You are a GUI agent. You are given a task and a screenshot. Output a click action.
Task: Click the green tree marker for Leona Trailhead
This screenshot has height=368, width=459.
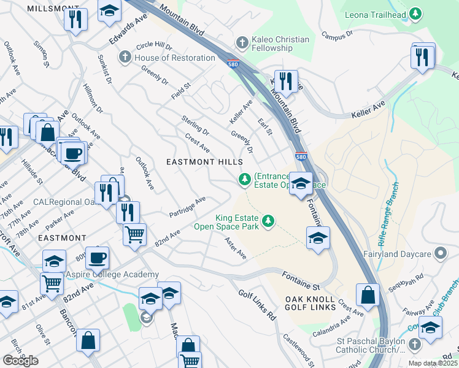coord(415,13)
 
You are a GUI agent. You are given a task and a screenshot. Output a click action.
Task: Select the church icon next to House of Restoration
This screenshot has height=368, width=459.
coord(125,58)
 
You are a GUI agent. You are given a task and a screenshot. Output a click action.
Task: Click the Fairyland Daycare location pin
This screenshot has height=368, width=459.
coord(439,253)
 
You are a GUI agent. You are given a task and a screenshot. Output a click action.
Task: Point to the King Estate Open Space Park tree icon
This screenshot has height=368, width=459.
coord(268,221)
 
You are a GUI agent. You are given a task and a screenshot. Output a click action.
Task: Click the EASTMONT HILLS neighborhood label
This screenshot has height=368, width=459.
coord(205,161)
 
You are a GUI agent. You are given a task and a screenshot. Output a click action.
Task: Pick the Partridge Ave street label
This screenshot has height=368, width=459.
coord(187,207)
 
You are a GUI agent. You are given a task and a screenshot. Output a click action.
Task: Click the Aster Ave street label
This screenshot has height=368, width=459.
coord(235,248)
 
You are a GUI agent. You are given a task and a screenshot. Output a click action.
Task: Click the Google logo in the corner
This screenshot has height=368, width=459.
coord(20,361)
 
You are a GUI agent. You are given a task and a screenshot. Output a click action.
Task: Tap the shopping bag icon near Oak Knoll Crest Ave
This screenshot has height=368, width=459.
coord(368,295)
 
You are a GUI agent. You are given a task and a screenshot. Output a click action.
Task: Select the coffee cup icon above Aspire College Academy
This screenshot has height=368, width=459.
coord(97,257)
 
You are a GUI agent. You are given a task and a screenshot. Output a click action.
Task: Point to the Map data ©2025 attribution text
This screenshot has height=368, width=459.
coord(433,363)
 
